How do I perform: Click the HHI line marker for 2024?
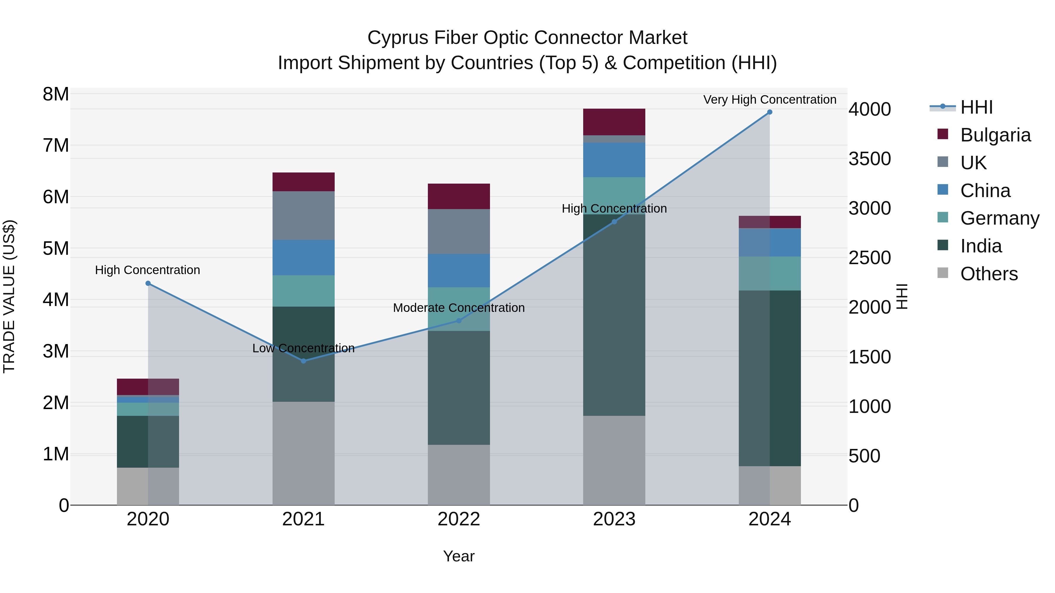tap(770, 112)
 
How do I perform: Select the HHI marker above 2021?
tap(304, 361)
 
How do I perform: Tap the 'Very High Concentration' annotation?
tap(770, 100)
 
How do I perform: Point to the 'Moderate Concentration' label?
tap(459, 308)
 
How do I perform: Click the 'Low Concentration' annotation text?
tap(304, 348)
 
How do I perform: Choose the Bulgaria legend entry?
tap(995, 135)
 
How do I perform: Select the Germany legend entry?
tap(999, 218)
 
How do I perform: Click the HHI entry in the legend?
tap(976, 107)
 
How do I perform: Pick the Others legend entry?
tap(989, 274)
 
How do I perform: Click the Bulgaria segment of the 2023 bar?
tap(614, 122)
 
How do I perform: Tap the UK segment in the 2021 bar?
tap(304, 215)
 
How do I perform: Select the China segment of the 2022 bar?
tap(459, 271)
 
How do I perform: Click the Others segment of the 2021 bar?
tap(304, 453)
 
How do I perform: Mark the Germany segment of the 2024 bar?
tap(770, 274)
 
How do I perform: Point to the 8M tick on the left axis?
tap(56, 95)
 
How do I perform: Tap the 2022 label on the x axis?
tap(459, 519)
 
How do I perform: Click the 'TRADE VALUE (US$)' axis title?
tap(9, 296)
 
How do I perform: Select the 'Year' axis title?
tap(459, 556)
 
